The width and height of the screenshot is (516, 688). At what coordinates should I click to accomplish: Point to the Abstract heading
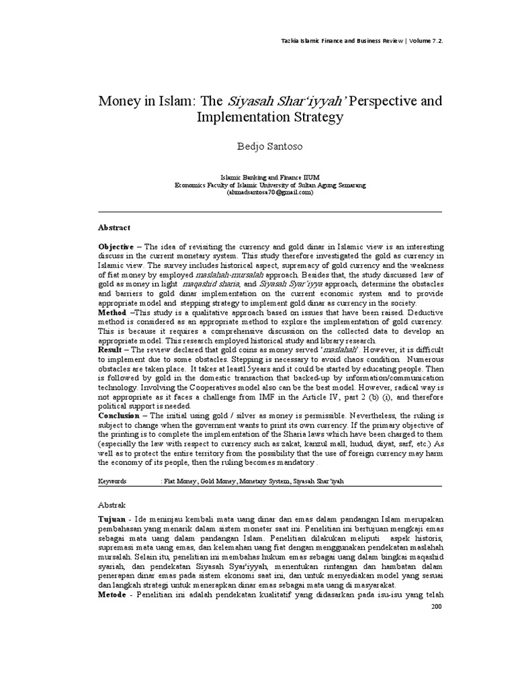click(x=114, y=228)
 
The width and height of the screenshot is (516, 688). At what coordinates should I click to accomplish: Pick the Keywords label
click(x=113, y=482)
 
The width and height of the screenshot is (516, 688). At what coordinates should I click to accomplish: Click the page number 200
click(x=437, y=606)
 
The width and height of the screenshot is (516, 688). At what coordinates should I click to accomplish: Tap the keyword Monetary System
click(x=261, y=482)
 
